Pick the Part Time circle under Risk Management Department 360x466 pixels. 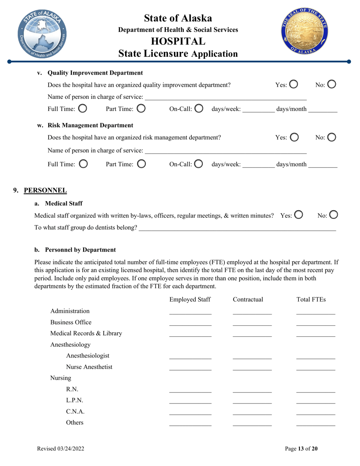click(x=141, y=164)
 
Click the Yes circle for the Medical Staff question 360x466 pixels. click(x=298, y=215)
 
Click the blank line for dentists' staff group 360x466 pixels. click(x=237, y=228)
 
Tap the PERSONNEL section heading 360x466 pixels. click(x=45, y=190)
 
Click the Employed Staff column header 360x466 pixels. click(x=190, y=300)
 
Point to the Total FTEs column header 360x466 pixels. click(x=311, y=300)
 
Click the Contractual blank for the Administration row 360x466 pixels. click(x=252, y=312)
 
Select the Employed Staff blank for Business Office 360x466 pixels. click(x=190, y=323)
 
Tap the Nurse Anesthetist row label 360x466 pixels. click(x=89, y=367)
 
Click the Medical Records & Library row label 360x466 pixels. click(x=86, y=333)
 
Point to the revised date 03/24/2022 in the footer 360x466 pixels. click(x=60, y=449)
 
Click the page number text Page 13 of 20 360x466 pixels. click(x=301, y=449)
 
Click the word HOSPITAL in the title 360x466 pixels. click(x=178, y=41)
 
